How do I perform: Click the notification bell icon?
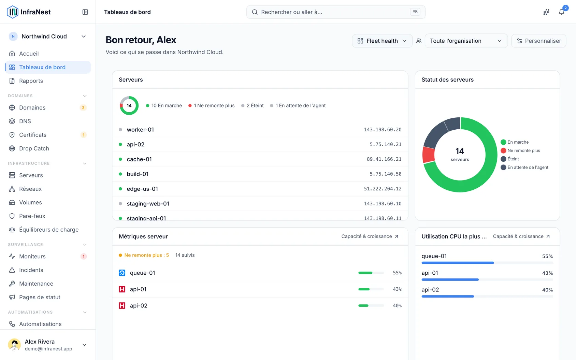pyautogui.click(x=561, y=12)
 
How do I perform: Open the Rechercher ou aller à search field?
pyautogui.click(x=336, y=12)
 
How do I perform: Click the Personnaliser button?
pyautogui.click(x=539, y=41)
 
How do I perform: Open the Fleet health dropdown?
pyautogui.click(x=382, y=41)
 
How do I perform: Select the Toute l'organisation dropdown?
pyautogui.click(x=466, y=41)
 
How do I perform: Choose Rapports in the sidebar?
pyautogui.click(x=31, y=81)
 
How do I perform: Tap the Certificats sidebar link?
pyautogui.click(x=33, y=135)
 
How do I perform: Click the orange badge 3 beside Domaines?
pyautogui.click(x=83, y=107)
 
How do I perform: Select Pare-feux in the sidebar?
pyautogui.click(x=32, y=216)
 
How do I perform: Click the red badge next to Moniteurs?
pyautogui.click(x=83, y=256)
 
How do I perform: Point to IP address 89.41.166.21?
pyautogui.click(x=384, y=159)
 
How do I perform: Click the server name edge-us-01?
pyautogui.click(x=142, y=189)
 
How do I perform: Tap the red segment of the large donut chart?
pyautogui.click(x=428, y=155)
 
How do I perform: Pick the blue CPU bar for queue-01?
pyautogui.click(x=458, y=263)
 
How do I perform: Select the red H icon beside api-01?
pyautogui.click(x=122, y=289)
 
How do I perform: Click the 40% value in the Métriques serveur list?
pyautogui.click(x=397, y=305)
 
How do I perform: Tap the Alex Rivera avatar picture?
pyautogui.click(x=14, y=345)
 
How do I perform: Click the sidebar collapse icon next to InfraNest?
pyautogui.click(x=85, y=12)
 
